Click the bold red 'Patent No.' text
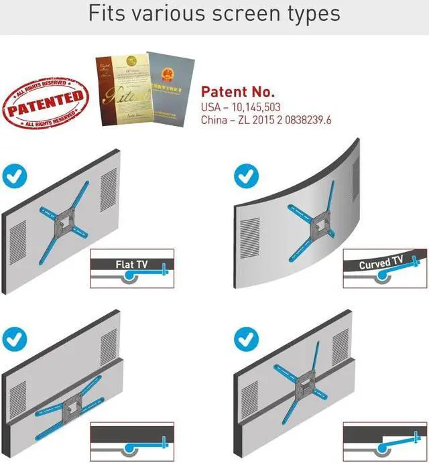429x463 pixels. point(237,92)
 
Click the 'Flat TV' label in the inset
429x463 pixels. point(131,265)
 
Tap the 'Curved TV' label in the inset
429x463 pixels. point(381,263)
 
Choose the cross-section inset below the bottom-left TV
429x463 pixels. point(131,440)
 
